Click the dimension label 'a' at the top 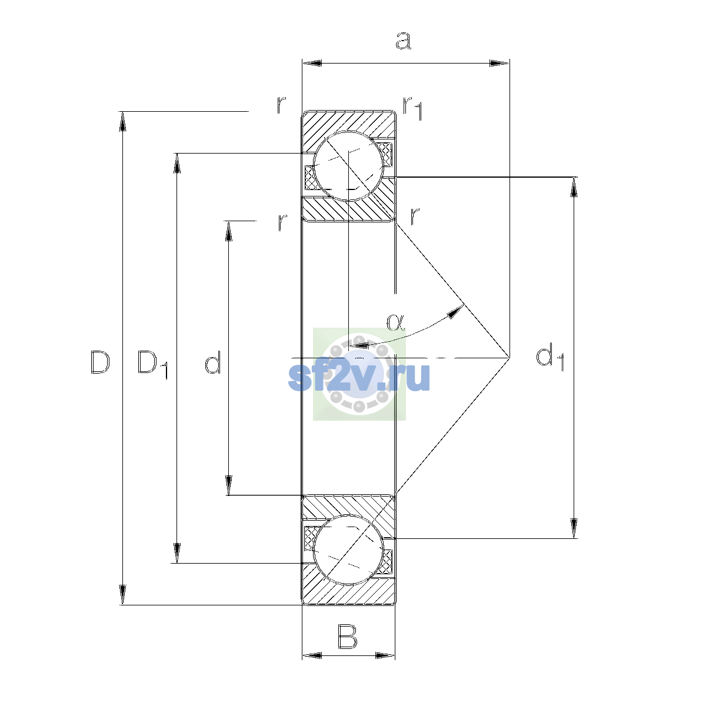coord(404,41)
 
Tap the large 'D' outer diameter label coord(99,362)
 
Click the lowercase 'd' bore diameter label coord(212,362)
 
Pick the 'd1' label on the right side coord(550,358)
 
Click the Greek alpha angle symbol coord(395,322)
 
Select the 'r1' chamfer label coord(412,108)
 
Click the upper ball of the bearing coord(348,166)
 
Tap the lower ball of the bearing coord(348,550)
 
